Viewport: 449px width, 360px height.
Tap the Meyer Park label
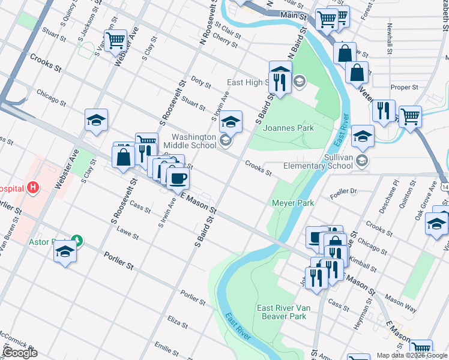293,203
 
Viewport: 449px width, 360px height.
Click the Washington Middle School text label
194,141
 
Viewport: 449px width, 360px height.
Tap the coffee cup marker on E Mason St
178,178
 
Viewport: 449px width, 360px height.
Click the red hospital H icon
33,187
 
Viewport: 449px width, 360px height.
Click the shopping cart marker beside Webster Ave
116,41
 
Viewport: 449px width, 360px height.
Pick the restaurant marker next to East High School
280,80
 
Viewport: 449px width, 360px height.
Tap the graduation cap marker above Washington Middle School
231,122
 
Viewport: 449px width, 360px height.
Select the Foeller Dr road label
343,192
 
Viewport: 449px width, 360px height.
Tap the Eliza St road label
178,323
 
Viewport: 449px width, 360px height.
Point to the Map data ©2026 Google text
412,355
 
